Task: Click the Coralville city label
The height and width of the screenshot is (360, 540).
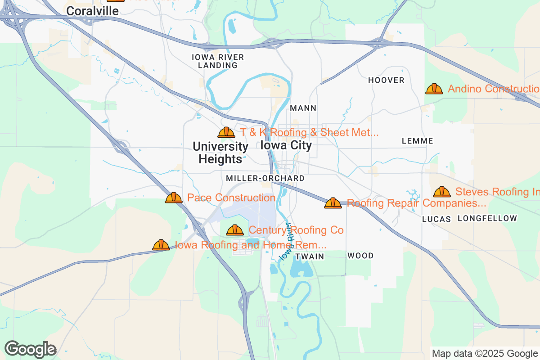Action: (x=93, y=10)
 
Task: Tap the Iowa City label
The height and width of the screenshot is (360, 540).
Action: (x=286, y=145)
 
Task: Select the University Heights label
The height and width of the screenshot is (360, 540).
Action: (x=220, y=153)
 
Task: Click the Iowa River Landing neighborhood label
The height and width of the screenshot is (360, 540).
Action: (x=218, y=61)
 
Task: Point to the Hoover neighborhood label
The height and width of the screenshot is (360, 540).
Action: (x=386, y=80)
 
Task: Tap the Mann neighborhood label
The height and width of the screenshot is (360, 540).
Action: (x=303, y=108)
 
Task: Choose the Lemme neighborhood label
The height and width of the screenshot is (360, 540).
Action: (x=417, y=141)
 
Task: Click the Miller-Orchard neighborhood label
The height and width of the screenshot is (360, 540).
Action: (x=265, y=178)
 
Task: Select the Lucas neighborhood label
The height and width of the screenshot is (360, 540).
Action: (x=436, y=219)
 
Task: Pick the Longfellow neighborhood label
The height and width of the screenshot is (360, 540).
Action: (x=487, y=218)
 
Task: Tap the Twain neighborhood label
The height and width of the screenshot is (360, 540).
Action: (x=310, y=256)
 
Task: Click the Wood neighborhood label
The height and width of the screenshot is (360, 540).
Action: (x=360, y=256)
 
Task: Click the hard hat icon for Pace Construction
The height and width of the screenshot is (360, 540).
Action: (x=174, y=198)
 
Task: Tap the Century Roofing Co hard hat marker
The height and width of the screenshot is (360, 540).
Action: (x=235, y=230)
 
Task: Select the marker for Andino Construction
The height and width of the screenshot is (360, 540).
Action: (x=434, y=89)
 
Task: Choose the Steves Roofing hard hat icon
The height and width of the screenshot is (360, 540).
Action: (x=442, y=192)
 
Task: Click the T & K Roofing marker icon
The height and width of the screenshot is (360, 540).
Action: (x=226, y=132)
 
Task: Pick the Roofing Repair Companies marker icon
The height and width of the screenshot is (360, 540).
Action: (x=333, y=203)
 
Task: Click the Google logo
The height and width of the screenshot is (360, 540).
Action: (x=31, y=349)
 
